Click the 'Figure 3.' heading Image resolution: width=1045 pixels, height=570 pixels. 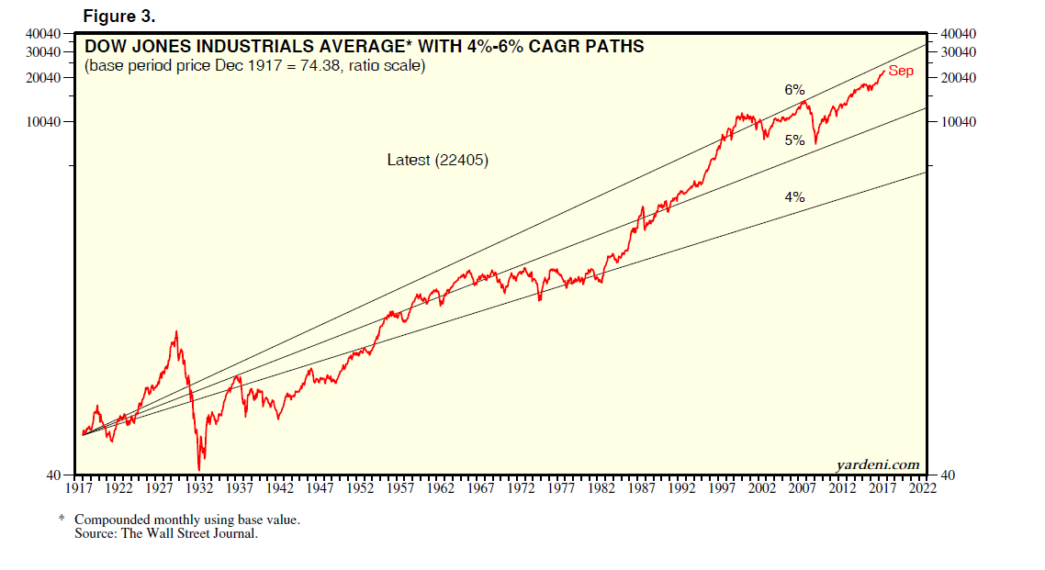coord(118,17)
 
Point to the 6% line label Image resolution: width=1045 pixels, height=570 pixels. coord(794,90)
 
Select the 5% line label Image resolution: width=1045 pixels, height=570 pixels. coord(794,140)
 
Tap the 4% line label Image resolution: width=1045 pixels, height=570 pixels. coord(794,196)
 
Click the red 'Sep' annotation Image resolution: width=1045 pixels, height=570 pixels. coord(901,71)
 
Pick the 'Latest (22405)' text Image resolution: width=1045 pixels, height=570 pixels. coord(437,160)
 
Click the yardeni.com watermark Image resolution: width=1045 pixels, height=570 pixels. coord(878,464)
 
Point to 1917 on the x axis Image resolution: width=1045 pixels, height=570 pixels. coord(83,488)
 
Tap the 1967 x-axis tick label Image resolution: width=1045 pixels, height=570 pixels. coord(482,488)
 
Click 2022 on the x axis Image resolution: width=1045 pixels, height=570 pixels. coord(923,488)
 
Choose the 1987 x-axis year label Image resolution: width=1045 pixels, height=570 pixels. coord(642,488)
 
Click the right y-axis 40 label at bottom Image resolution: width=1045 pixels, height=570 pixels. coord(947,475)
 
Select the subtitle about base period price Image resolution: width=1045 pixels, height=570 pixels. coord(254,66)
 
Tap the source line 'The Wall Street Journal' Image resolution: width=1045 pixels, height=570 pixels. coord(166,533)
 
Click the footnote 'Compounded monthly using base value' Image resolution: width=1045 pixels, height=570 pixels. coord(187,520)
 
